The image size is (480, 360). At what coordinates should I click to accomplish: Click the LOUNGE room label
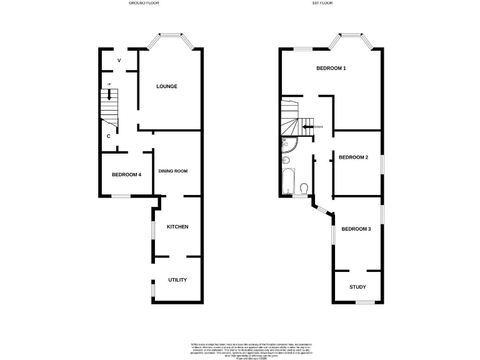pos(167,86)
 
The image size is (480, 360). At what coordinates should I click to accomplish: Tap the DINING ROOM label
pos(172,171)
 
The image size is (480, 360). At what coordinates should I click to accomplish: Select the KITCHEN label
pos(177,226)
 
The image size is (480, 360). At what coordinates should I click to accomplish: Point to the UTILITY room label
pos(177,280)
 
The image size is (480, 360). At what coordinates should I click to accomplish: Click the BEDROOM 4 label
pos(126,174)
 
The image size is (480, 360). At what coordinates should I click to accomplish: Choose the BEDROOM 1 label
pos(331,68)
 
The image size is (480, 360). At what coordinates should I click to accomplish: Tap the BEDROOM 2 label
pos(353,157)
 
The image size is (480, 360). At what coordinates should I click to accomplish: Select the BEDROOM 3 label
pos(356,229)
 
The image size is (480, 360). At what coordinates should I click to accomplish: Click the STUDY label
pos(357,287)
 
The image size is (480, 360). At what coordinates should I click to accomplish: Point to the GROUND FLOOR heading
pos(144,3)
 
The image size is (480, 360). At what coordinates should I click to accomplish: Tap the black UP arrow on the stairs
pos(109,95)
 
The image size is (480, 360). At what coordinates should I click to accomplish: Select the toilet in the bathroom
pos(303,187)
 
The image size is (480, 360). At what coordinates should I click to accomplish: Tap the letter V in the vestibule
pos(119,60)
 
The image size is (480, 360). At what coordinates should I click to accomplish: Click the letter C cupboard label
pos(109,136)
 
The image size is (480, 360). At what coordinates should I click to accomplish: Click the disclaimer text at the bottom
pos(250,349)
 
